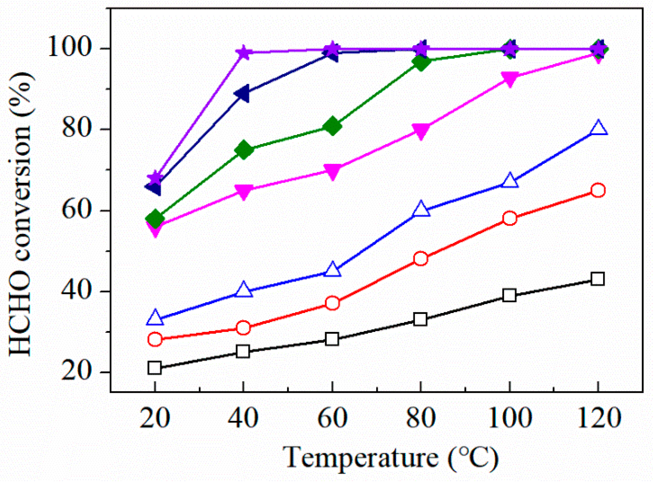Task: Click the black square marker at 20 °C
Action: [155, 368]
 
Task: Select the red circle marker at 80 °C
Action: [421, 258]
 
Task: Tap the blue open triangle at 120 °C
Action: [598, 128]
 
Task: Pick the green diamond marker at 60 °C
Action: [332, 126]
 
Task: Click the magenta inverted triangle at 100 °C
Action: [510, 79]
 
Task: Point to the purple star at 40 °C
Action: [243, 53]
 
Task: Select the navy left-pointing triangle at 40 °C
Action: [242, 94]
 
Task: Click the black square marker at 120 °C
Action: [598, 278]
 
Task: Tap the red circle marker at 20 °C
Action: [155, 339]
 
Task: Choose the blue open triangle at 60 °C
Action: [332, 270]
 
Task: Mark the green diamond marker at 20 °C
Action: [155, 219]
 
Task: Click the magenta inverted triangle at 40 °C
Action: [243, 191]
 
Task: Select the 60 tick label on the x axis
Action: [332, 418]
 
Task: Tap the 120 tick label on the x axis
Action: [599, 418]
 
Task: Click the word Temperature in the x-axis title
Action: [360, 458]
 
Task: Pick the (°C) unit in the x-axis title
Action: [473, 458]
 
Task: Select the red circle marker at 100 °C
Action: [510, 218]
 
